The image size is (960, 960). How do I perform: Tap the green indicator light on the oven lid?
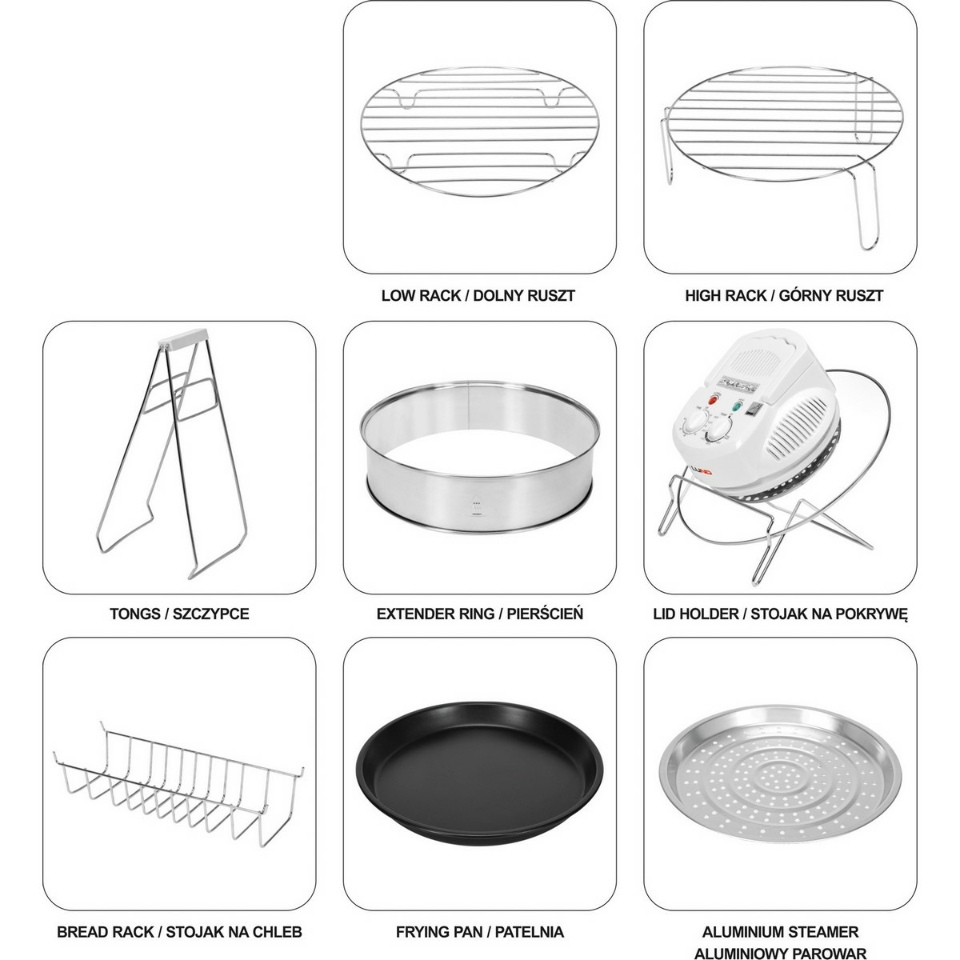(735, 406)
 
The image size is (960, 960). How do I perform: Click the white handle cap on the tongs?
(183, 337)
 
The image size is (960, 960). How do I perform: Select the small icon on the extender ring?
(477, 507)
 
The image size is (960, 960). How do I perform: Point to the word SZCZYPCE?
(210, 614)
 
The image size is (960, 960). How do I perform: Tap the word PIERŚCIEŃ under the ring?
(545, 614)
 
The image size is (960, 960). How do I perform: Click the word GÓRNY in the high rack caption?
(803, 295)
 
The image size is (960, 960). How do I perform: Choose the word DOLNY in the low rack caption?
(497, 295)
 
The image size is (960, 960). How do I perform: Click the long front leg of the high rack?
(866, 210)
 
